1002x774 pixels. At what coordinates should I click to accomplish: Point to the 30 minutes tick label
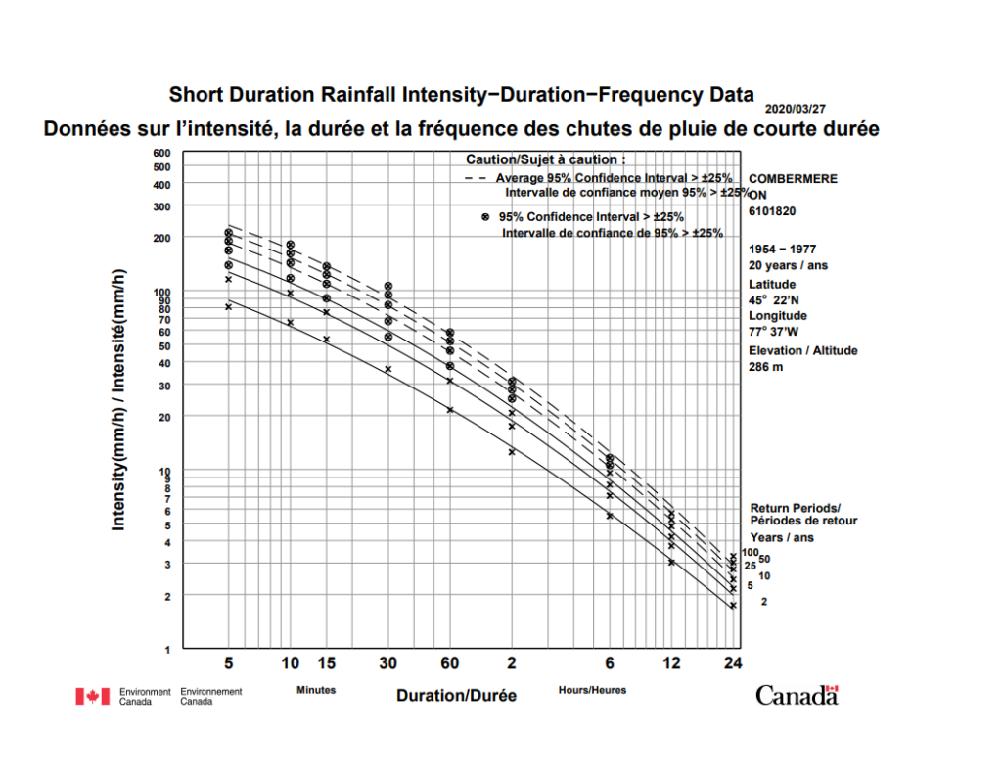point(387,663)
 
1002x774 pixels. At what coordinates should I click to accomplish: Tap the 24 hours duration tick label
point(732,663)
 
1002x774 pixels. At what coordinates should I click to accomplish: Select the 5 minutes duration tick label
point(228,663)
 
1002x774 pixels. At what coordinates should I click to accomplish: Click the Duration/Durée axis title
point(456,695)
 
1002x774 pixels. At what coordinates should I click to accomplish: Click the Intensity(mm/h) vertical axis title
point(119,400)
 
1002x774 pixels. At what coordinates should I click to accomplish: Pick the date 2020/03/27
point(795,110)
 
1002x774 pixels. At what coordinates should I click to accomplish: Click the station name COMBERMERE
point(793,179)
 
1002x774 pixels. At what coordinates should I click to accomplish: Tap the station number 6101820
point(771,210)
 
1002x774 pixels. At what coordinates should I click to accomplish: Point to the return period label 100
point(751,554)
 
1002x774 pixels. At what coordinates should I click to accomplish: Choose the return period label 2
point(763,601)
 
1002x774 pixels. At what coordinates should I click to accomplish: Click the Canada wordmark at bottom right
point(797,695)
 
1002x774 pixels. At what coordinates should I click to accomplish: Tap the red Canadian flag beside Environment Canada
point(92,696)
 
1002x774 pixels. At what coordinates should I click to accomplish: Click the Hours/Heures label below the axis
point(592,690)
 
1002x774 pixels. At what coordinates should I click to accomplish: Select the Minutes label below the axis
point(316,690)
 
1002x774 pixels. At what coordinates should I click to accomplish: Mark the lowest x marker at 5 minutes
point(228,306)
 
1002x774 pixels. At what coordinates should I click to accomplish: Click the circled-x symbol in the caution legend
point(485,216)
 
